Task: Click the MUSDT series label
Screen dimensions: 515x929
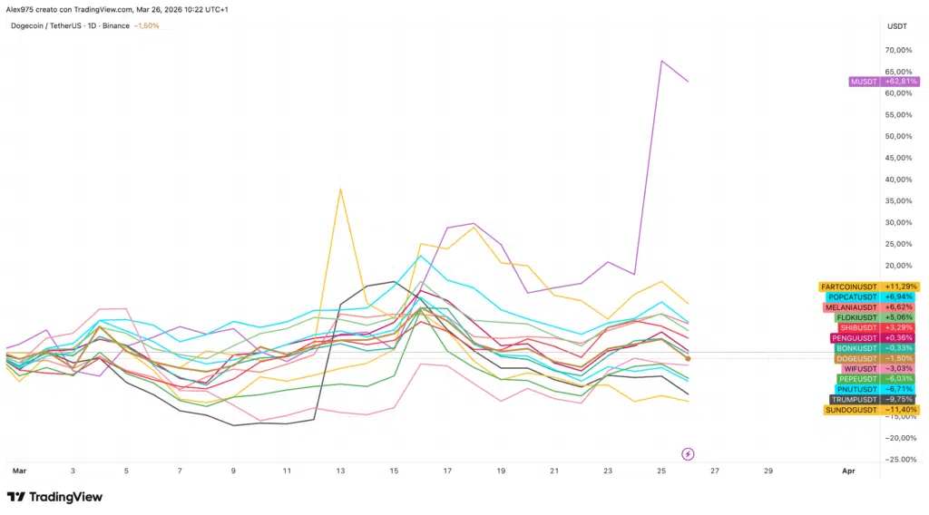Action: pyautogui.click(x=863, y=82)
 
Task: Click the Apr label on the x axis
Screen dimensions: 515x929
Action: pyautogui.click(x=848, y=471)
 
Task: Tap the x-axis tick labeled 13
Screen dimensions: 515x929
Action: pyautogui.click(x=340, y=471)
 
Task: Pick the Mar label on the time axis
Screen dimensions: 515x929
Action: pyautogui.click(x=18, y=471)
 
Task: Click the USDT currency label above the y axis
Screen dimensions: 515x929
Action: pyautogui.click(x=895, y=26)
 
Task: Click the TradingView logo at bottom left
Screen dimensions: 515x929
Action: pyautogui.click(x=54, y=497)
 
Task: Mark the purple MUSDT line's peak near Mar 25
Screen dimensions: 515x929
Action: pyautogui.click(x=661, y=61)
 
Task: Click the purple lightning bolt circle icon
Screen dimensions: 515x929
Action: pyautogui.click(x=688, y=453)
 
